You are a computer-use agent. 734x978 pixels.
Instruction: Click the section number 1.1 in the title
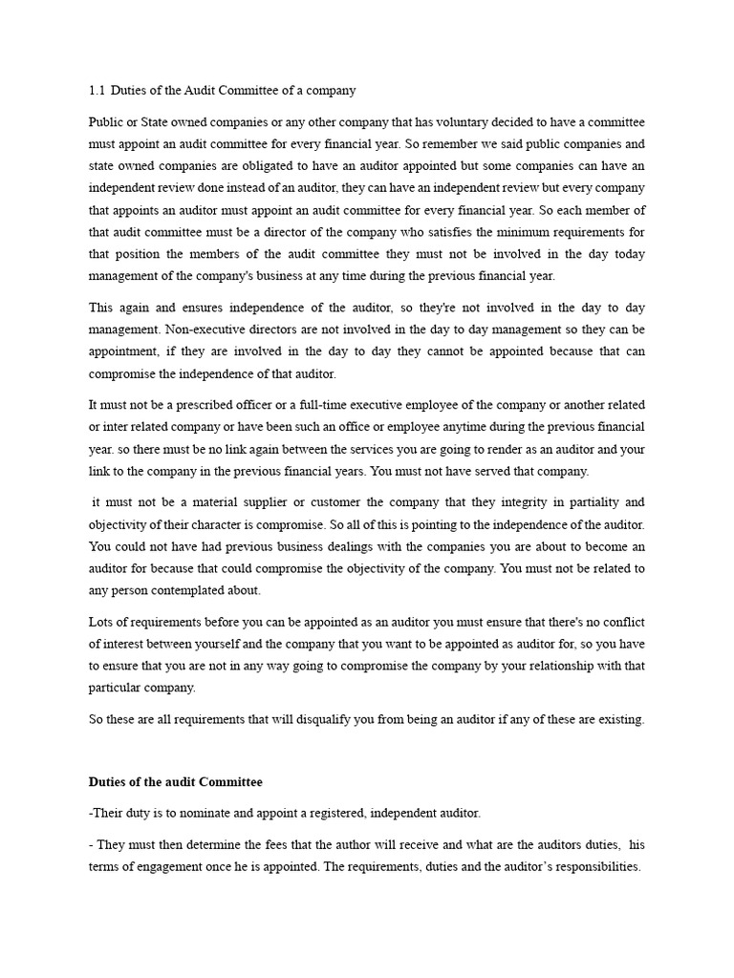pyautogui.click(x=96, y=91)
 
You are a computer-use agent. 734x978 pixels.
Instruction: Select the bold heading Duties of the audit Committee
pyautogui.click(x=175, y=781)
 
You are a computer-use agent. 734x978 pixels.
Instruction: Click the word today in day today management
pyautogui.click(x=626, y=253)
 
